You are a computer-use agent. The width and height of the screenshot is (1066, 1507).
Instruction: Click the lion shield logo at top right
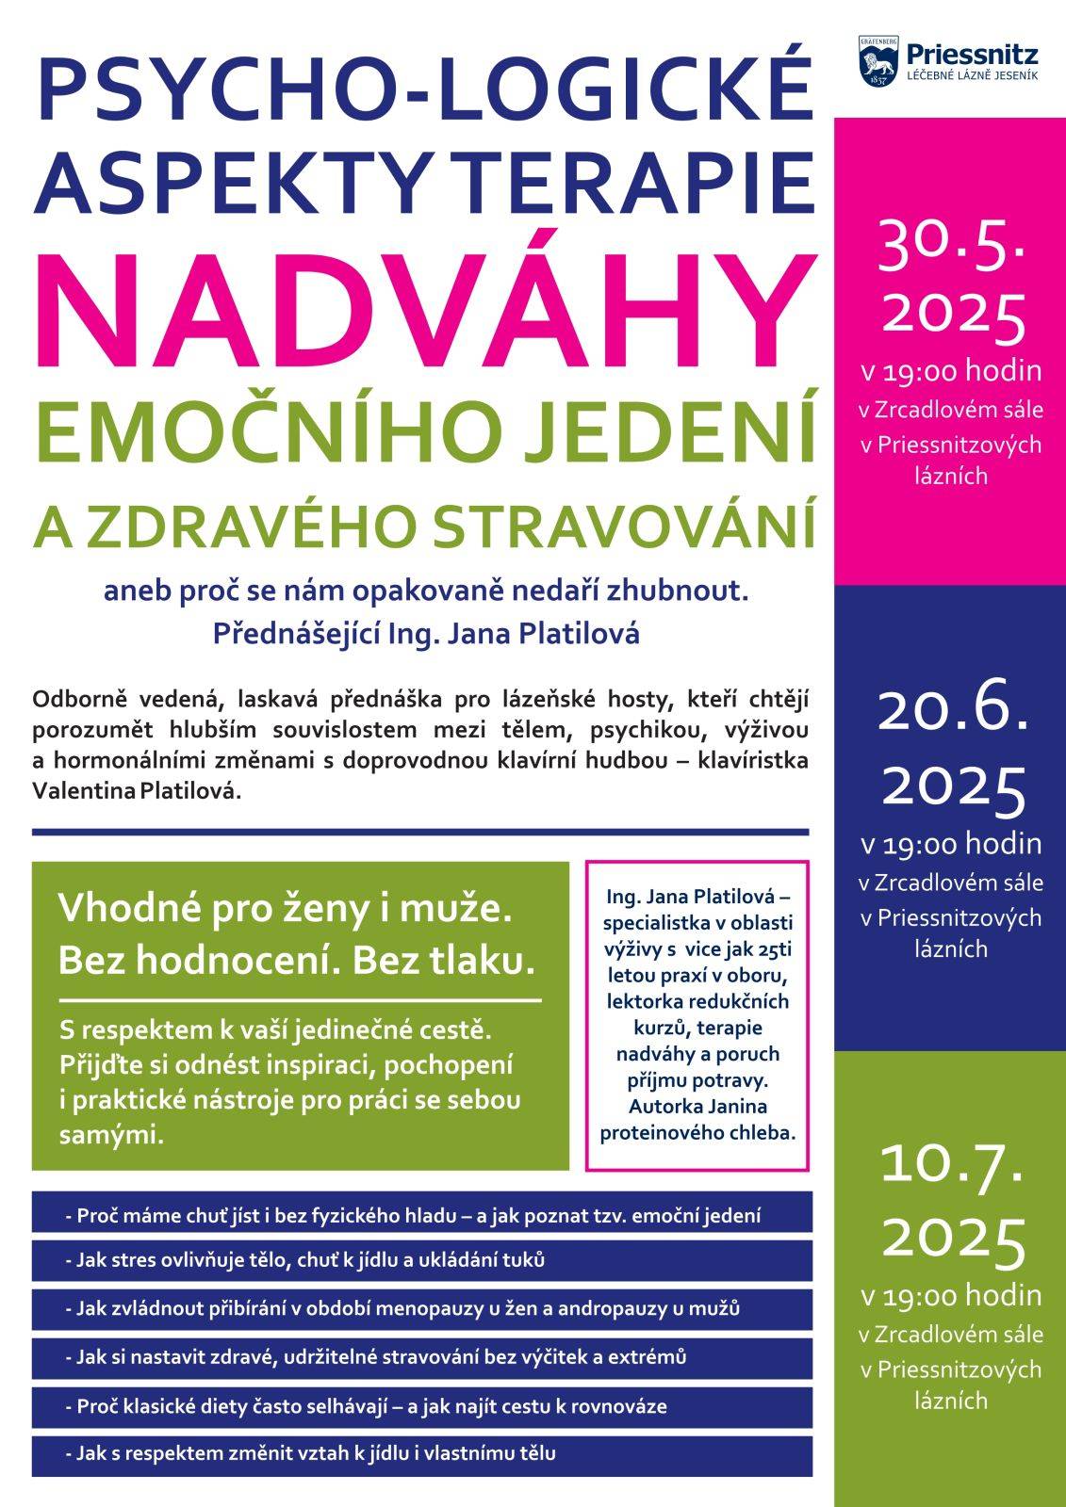pyautogui.click(x=876, y=61)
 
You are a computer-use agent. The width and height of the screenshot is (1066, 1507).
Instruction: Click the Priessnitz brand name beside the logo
pyautogui.click(x=970, y=54)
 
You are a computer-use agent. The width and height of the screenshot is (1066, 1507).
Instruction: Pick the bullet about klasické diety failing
pyautogui.click(x=371, y=1406)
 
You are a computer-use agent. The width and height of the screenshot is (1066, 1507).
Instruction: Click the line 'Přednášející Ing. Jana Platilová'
pyautogui.click(x=426, y=633)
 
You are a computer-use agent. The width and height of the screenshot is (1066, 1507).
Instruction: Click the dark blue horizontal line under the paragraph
pyautogui.click(x=420, y=832)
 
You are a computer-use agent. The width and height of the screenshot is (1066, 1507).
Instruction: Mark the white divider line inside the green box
pyautogui.click(x=300, y=1000)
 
